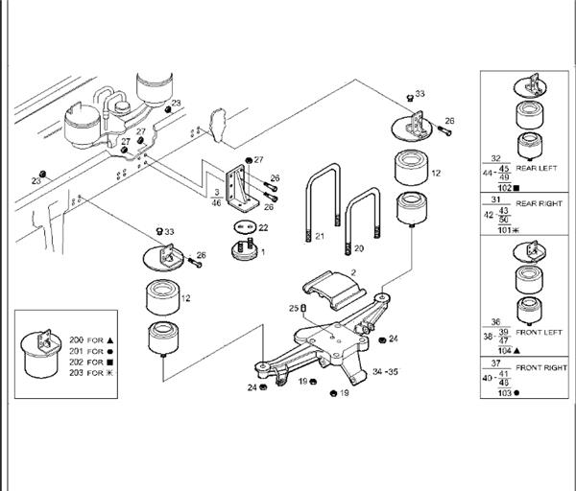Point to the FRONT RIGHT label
pyautogui.click(x=542, y=367)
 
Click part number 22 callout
pyautogui.click(x=262, y=227)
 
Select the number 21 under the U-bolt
pyautogui.click(x=321, y=235)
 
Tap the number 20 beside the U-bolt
pyautogui.click(x=359, y=247)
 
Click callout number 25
pyautogui.click(x=294, y=308)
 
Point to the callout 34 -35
pyautogui.click(x=387, y=370)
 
